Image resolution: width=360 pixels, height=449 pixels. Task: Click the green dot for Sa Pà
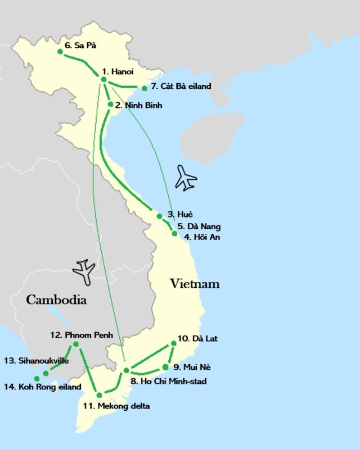click(60, 52)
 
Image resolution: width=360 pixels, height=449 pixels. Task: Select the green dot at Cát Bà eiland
click(145, 88)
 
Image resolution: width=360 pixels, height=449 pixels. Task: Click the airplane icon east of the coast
click(186, 178)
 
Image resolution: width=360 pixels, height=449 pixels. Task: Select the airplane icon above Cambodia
click(84, 271)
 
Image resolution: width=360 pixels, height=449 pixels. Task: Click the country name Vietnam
click(195, 284)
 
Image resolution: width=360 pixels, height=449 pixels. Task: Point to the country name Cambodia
click(56, 300)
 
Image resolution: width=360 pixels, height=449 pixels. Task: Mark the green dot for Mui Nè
click(165, 368)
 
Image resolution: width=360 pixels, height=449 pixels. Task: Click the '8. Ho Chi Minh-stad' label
click(168, 382)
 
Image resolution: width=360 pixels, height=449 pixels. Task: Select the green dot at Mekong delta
click(99, 394)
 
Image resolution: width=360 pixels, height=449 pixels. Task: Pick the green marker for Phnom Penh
click(76, 344)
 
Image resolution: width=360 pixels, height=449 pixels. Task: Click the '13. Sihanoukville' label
click(36, 360)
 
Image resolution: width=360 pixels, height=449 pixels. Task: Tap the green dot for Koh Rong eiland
click(37, 378)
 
